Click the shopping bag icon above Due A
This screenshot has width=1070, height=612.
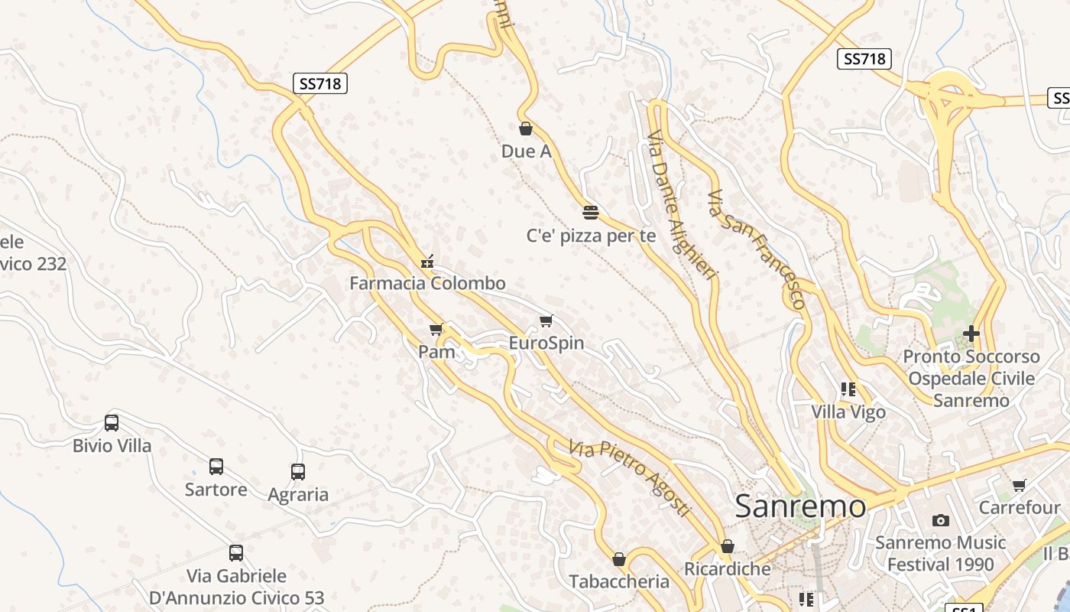point(525,129)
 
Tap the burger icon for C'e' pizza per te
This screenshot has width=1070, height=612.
point(590,212)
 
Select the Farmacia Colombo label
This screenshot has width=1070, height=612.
point(427,283)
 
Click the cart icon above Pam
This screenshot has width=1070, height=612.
point(436,329)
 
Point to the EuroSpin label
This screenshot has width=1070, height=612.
point(546,343)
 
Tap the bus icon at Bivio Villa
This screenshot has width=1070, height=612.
point(112,423)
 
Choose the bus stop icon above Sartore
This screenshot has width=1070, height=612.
point(216,467)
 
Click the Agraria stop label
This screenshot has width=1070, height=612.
point(298,494)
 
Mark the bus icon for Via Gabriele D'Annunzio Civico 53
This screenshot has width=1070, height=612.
point(236,552)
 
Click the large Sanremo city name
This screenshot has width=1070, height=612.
point(801,506)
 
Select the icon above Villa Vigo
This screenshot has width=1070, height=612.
point(848,389)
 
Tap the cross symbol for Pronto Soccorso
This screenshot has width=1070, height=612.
point(971,334)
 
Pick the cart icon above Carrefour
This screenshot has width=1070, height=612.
point(1020,485)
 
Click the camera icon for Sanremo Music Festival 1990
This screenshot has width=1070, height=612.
point(941,520)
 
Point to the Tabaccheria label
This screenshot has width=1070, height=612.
point(619,581)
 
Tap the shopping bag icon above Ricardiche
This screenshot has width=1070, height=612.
point(728,546)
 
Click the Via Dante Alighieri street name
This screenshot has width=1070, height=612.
point(683,204)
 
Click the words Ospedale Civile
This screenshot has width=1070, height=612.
point(971,378)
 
